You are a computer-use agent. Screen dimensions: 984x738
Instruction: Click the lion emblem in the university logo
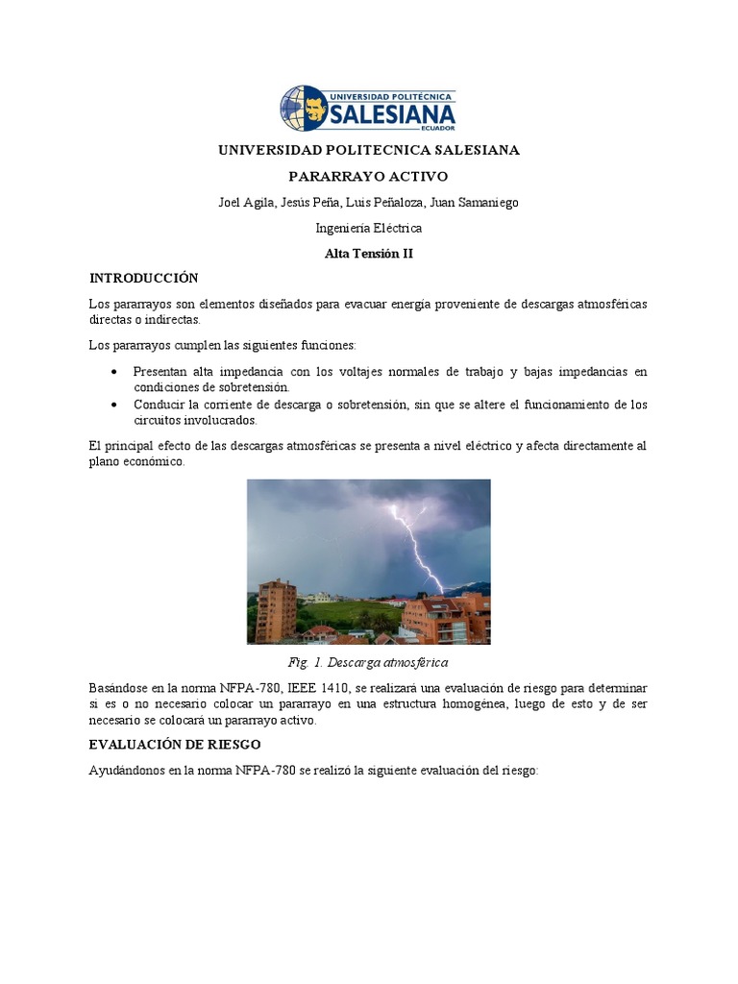tap(304, 108)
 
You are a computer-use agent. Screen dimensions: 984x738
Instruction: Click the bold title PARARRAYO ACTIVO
tap(369, 177)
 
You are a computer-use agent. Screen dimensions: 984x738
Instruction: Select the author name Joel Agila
tap(246, 203)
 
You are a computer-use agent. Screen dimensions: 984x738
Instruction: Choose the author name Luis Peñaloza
tap(393, 203)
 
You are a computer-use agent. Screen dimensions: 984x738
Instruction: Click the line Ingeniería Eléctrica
tap(369, 229)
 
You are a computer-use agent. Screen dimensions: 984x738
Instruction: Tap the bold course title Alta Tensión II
tap(369, 254)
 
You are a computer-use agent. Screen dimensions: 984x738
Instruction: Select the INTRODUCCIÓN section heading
tap(143, 279)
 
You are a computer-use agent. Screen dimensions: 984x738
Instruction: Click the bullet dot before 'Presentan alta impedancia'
tap(115, 372)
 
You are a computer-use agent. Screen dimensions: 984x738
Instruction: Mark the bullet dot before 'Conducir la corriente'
tap(115, 405)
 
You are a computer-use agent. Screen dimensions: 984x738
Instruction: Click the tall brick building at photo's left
tap(276, 610)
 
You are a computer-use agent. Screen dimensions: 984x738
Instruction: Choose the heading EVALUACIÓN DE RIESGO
tap(174, 745)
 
